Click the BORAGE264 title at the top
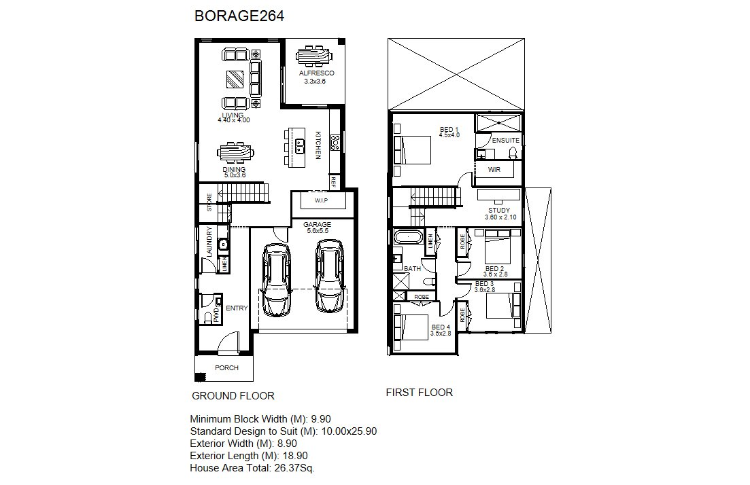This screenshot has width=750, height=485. (x=239, y=16)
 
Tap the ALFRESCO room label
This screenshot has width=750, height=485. (x=317, y=73)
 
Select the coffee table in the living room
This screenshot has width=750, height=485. (x=235, y=79)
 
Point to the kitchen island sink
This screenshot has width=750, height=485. (x=301, y=146)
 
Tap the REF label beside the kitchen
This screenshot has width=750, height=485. (x=333, y=181)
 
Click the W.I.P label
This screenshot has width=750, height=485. (x=321, y=200)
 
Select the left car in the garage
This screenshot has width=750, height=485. (x=277, y=280)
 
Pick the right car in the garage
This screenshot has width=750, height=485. (x=330, y=276)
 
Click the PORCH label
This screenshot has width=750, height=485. (x=226, y=368)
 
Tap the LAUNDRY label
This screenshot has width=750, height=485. (x=209, y=243)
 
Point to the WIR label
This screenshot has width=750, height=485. (x=494, y=170)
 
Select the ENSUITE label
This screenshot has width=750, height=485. (x=506, y=141)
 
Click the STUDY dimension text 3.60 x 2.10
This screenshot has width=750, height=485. (x=500, y=217)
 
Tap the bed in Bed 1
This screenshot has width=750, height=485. (x=413, y=150)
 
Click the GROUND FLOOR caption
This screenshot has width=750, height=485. (x=233, y=396)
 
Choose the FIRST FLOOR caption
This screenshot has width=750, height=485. (x=420, y=393)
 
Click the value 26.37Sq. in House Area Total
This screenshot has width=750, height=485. (x=294, y=468)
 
